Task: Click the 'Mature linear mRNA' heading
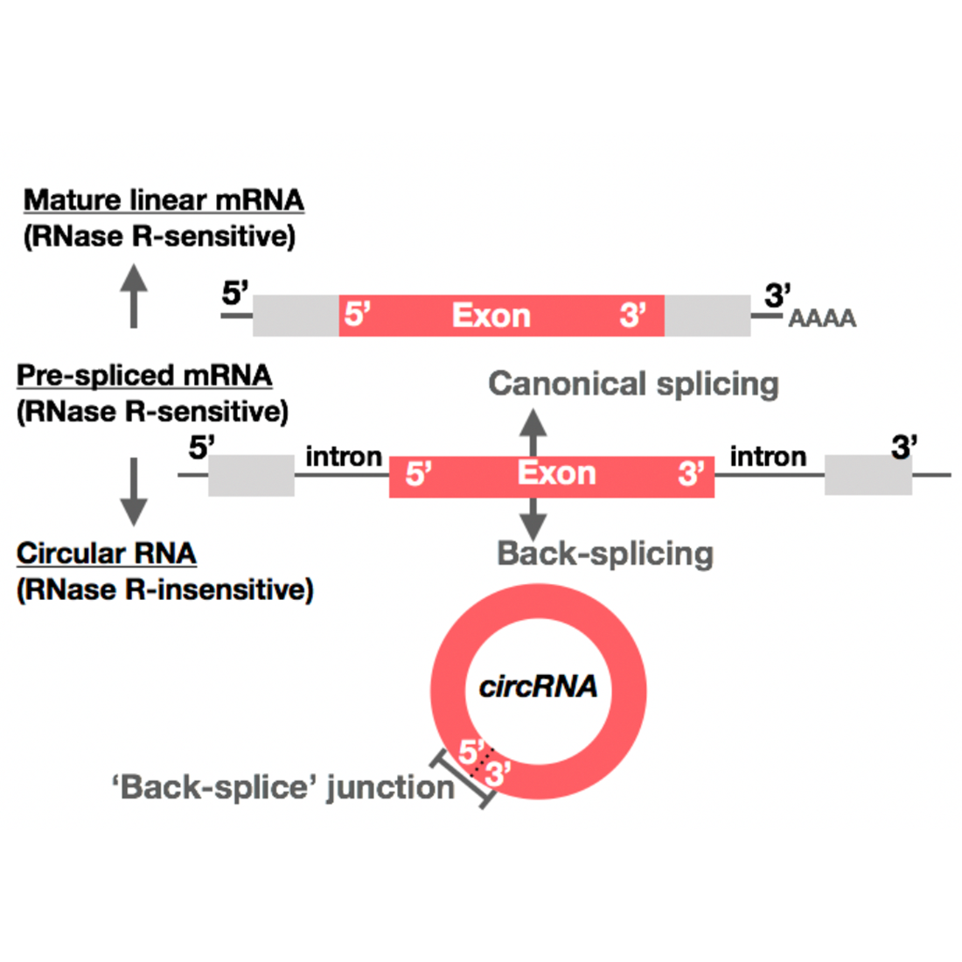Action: tap(164, 200)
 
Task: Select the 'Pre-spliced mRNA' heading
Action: tap(144, 375)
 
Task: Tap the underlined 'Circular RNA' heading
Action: tap(107, 554)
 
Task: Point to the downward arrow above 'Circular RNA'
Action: tap(133, 491)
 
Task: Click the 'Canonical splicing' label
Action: tap(633, 384)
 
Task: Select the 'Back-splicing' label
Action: tap(605, 554)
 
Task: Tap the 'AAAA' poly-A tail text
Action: tap(822, 318)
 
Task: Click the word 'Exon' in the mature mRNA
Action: tap(491, 316)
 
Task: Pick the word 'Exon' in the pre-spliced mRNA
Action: tap(556, 473)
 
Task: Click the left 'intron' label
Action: tap(344, 457)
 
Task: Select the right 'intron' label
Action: tap(768, 457)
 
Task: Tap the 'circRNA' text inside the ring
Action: tap(539, 687)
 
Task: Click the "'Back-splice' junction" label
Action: tap(283, 787)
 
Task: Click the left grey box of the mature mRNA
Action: tap(296, 316)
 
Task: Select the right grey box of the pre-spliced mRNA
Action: tap(868, 475)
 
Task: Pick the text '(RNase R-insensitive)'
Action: tap(164, 589)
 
